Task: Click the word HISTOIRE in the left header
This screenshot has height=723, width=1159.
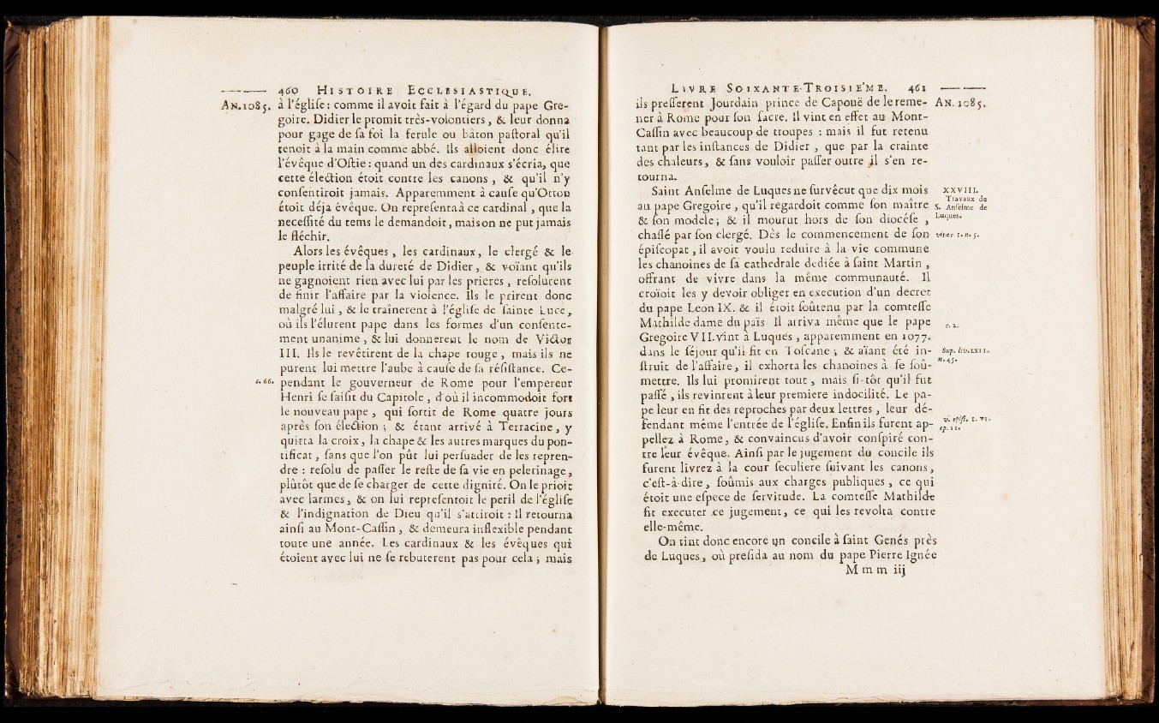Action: click(354, 88)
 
